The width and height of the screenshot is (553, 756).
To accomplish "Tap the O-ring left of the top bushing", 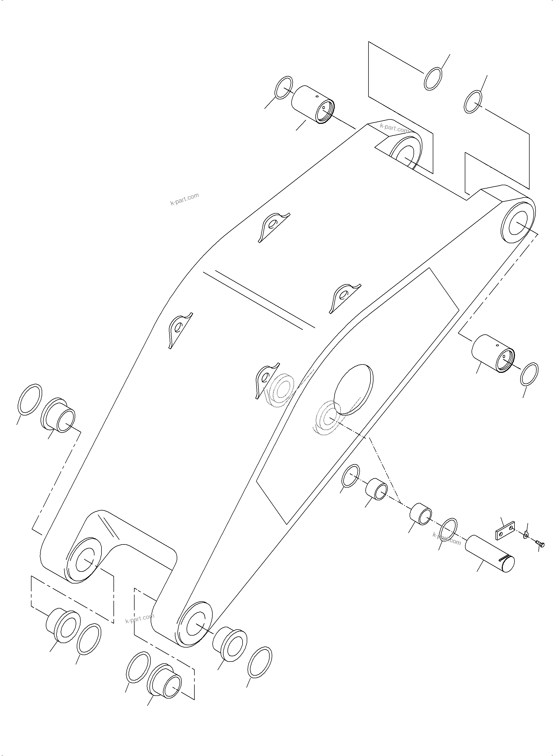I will pyautogui.click(x=283, y=87).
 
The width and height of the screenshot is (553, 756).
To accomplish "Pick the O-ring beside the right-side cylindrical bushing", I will pyautogui.click(x=529, y=374).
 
